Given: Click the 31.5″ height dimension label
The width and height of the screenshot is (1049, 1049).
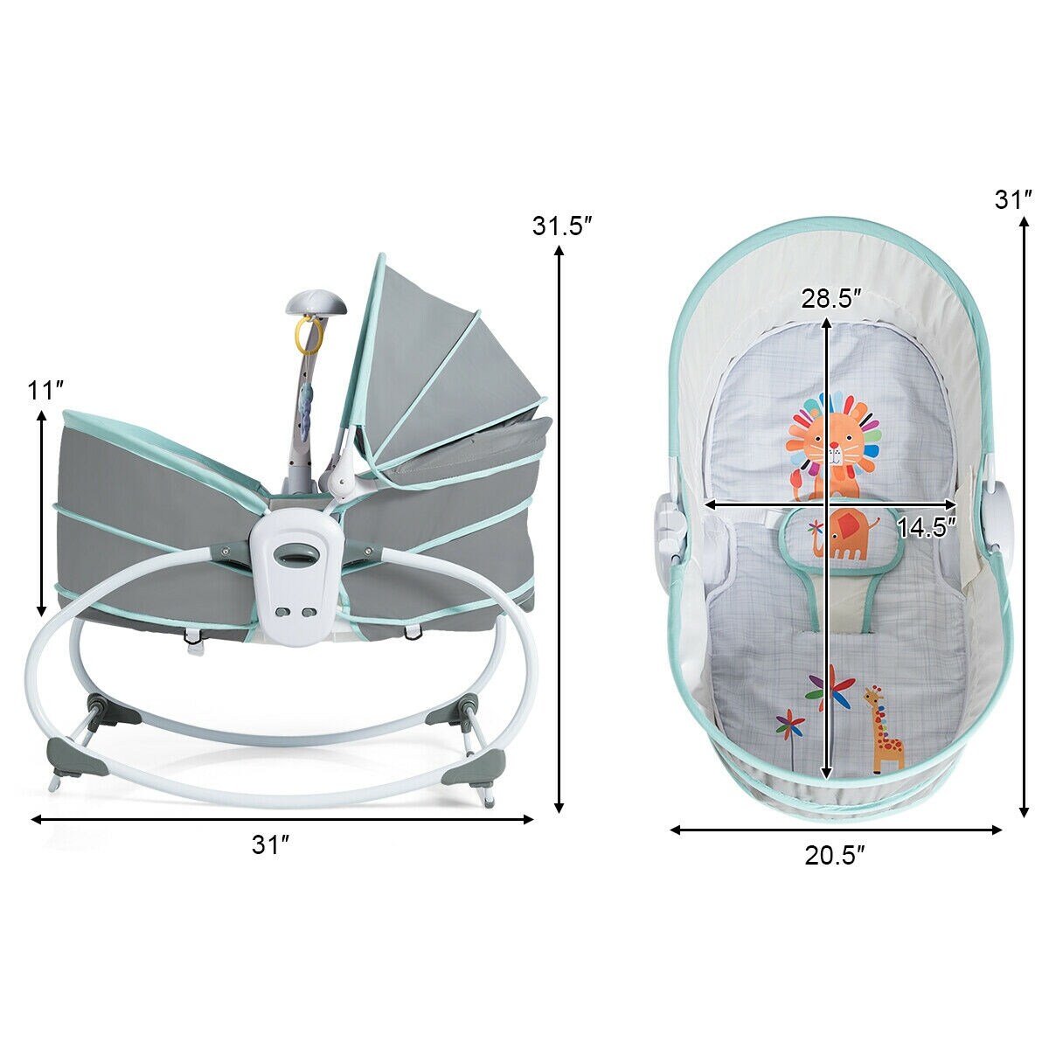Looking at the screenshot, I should coord(563,226).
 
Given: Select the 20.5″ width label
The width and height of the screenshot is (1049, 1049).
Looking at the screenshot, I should coord(836,855).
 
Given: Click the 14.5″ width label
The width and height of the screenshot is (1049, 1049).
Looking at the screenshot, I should coord(926,525).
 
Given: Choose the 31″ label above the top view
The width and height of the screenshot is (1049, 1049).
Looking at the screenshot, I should coord(1014,199).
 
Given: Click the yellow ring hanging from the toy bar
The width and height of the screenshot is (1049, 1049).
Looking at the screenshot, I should coord(309,331).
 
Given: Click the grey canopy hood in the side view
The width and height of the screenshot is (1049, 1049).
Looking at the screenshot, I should coord(437,358).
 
